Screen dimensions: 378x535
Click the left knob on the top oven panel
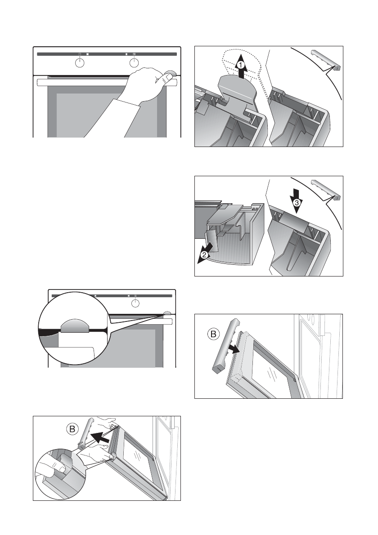80,63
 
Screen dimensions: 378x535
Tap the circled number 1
240,64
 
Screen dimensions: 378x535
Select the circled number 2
204,255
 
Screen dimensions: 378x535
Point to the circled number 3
297,203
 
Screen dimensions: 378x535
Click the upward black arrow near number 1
241,66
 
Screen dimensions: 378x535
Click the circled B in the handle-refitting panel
213,334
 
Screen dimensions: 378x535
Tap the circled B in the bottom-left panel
72,429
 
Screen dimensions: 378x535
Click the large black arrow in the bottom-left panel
100,437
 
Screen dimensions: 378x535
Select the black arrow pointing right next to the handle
234,349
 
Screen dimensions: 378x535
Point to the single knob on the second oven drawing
135,303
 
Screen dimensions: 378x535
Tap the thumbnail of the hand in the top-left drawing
167,78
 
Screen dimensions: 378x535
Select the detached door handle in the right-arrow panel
225,345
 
